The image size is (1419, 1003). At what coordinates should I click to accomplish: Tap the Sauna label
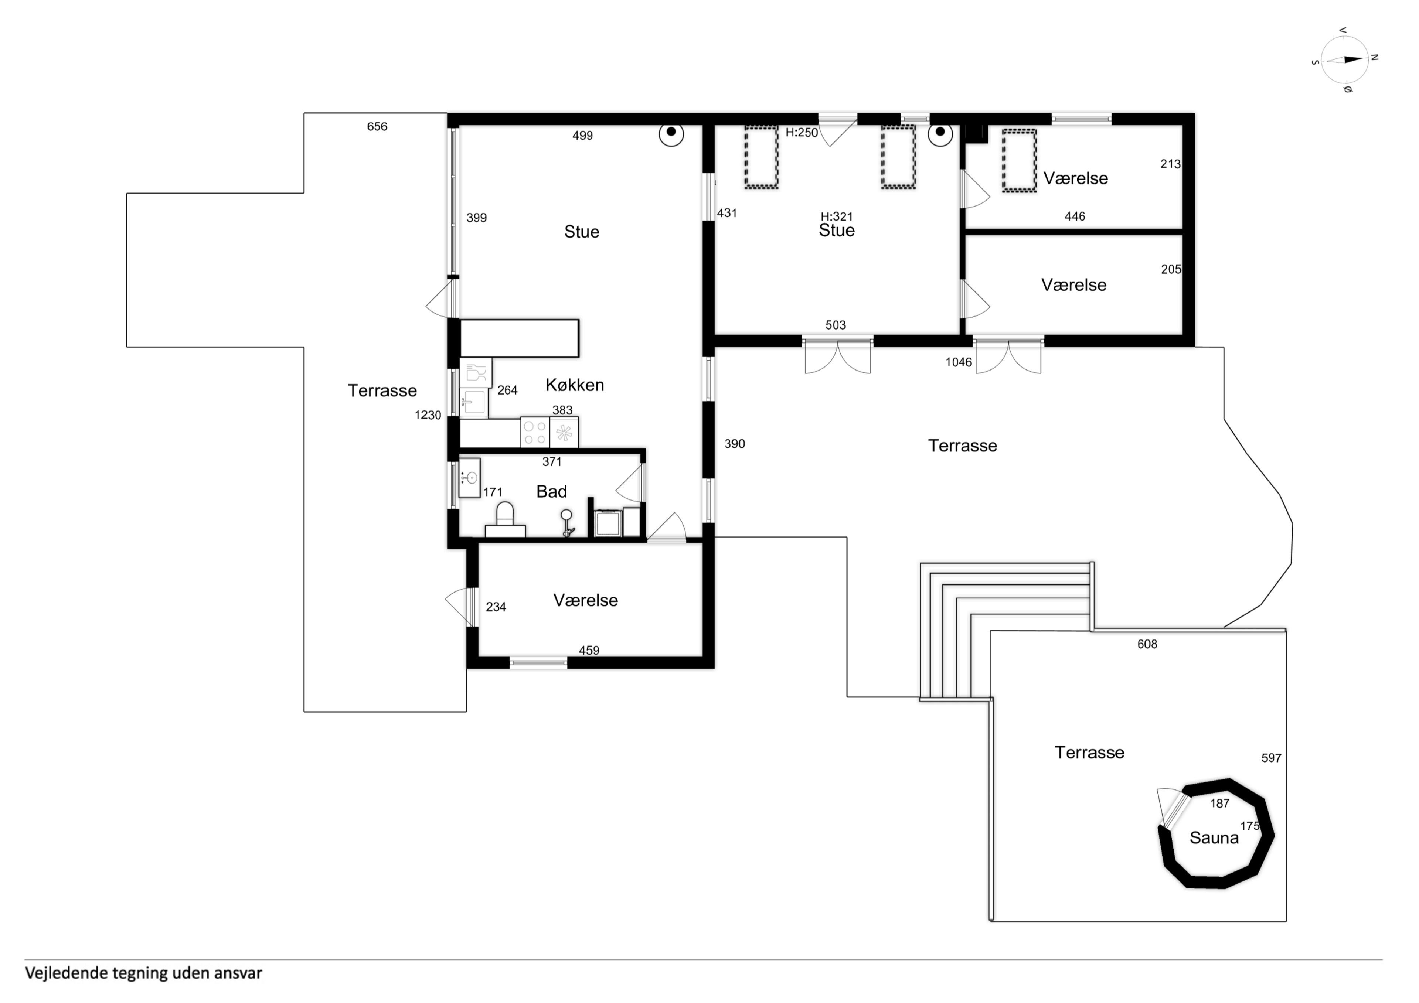[x=1214, y=838]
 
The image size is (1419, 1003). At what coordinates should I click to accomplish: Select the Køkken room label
[x=575, y=385]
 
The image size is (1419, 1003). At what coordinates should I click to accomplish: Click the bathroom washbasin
[x=470, y=478]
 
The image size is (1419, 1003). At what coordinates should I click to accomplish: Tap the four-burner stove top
[x=535, y=432]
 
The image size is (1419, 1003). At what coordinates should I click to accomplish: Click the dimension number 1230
[x=428, y=415]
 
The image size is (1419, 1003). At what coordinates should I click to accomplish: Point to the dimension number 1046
[x=959, y=362]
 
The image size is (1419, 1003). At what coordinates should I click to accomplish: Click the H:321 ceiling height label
[x=836, y=216]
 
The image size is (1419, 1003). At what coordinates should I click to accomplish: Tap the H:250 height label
[x=802, y=132]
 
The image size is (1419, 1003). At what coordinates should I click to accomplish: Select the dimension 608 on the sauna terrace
[x=1147, y=644]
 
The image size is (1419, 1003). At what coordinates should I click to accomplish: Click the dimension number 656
[x=377, y=127]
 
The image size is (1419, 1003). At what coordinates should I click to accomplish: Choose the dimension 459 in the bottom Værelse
[x=589, y=650]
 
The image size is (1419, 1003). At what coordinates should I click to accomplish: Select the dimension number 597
[x=1271, y=758]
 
